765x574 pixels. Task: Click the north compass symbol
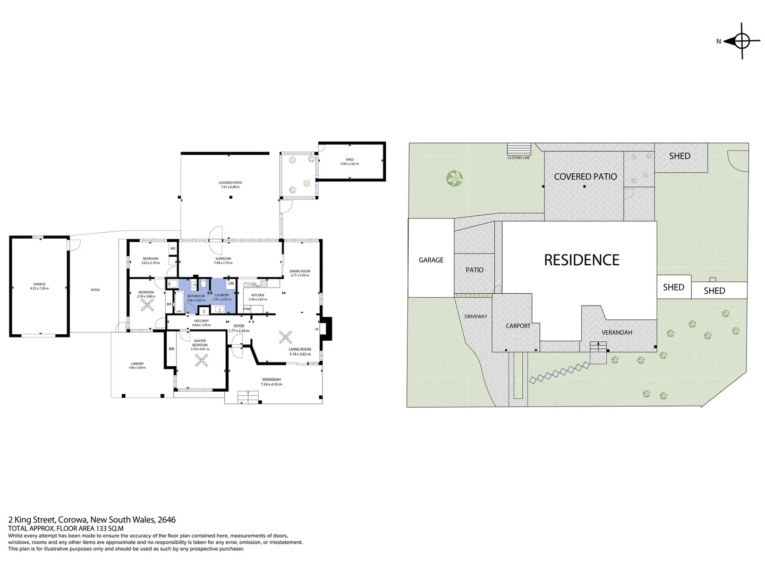[x=742, y=41]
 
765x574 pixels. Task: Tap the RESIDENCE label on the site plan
[x=581, y=260]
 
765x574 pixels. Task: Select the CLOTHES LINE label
[x=518, y=158]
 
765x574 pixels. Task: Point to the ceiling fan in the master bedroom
[x=201, y=361]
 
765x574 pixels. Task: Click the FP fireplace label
[x=317, y=330]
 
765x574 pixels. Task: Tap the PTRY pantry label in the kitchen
[x=247, y=309]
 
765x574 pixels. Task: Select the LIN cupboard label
[x=231, y=284]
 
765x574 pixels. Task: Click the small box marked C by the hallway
[x=205, y=311]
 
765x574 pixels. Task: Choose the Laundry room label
[x=222, y=296]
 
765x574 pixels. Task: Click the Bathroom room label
[x=196, y=296]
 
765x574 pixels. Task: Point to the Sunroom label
[x=223, y=259]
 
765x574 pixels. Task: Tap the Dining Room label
[x=300, y=271]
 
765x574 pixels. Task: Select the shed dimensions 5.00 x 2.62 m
[x=350, y=164]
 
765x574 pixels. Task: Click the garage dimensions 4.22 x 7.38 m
[x=39, y=289]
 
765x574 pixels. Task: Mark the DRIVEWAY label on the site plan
[x=475, y=317]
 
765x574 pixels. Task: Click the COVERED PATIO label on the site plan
[x=585, y=176]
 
